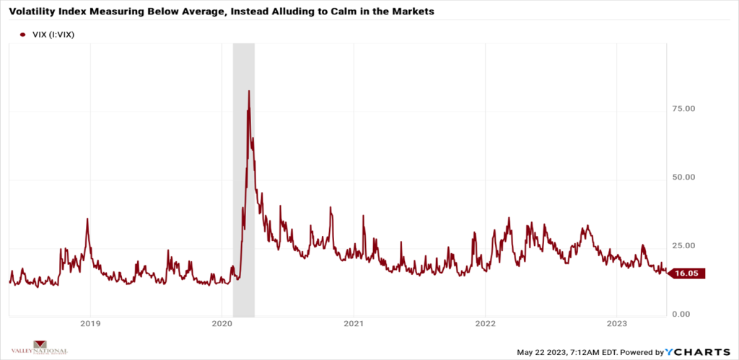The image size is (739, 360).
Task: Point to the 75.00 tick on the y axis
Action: (684, 108)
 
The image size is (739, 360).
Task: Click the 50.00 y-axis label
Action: (684, 177)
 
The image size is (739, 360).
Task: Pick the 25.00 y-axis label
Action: (684, 246)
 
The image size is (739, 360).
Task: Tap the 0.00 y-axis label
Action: (686, 315)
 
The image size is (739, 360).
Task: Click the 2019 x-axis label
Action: (89, 325)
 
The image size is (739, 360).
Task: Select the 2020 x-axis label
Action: (222, 325)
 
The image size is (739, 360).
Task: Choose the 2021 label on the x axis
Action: (354, 325)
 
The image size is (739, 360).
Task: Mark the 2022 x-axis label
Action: (485, 325)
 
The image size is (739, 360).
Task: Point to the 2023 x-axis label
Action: (617, 325)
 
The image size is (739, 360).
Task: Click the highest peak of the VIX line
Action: (248, 91)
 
